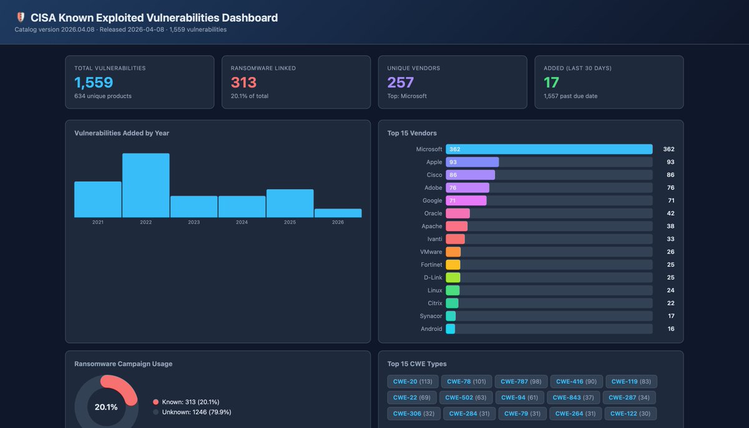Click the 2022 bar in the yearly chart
coord(145,186)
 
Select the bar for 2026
coord(338,213)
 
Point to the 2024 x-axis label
coord(242,222)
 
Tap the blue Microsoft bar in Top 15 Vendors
coord(549,149)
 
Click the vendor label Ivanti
coord(434,239)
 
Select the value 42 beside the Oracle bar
coord(670,213)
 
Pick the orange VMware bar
coord(453,252)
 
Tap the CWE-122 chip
coord(630,413)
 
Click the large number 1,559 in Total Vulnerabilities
coord(94,82)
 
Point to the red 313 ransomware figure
coord(244,82)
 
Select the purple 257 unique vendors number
coord(401,82)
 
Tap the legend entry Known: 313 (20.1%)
coord(190,402)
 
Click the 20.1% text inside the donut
coord(106,407)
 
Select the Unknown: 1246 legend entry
coord(196,412)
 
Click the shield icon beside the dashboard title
coord(21,18)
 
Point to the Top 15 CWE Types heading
coord(416,364)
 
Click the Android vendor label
coord(431,329)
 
